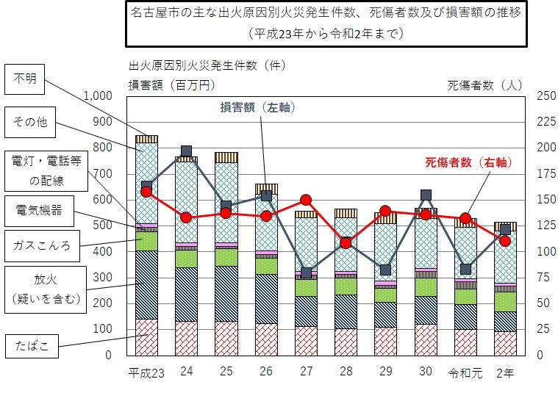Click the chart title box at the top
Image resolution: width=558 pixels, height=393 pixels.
point(326,24)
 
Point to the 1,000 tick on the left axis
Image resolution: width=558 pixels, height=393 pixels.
point(98,95)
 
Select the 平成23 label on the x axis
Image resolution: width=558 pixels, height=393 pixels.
point(146,372)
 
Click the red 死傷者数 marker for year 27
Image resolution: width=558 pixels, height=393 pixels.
point(306,200)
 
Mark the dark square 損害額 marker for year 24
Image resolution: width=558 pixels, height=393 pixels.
point(186,151)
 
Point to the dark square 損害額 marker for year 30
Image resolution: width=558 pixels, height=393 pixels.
point(426,195)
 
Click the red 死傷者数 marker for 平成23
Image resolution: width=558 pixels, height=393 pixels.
point(146,191)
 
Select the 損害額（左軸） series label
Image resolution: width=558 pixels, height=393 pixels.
point(258,108)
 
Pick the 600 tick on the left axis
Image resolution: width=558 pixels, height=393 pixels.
point(102,199)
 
